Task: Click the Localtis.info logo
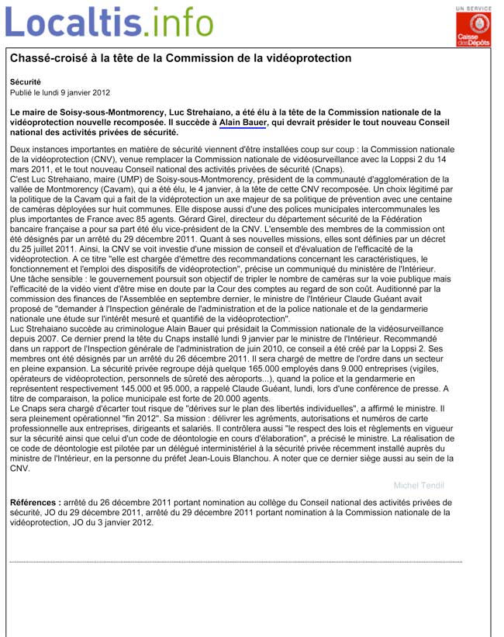click(x=109, y=23)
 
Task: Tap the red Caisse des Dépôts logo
click(x=472, y=30)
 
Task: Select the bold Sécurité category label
click(x=26, y=81)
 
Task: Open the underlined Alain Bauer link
click(x=243, y=123)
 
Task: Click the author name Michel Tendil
click(x=419, y=486)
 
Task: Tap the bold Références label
click(x=34, y=503)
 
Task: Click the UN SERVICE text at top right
click(x=472, y=8)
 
